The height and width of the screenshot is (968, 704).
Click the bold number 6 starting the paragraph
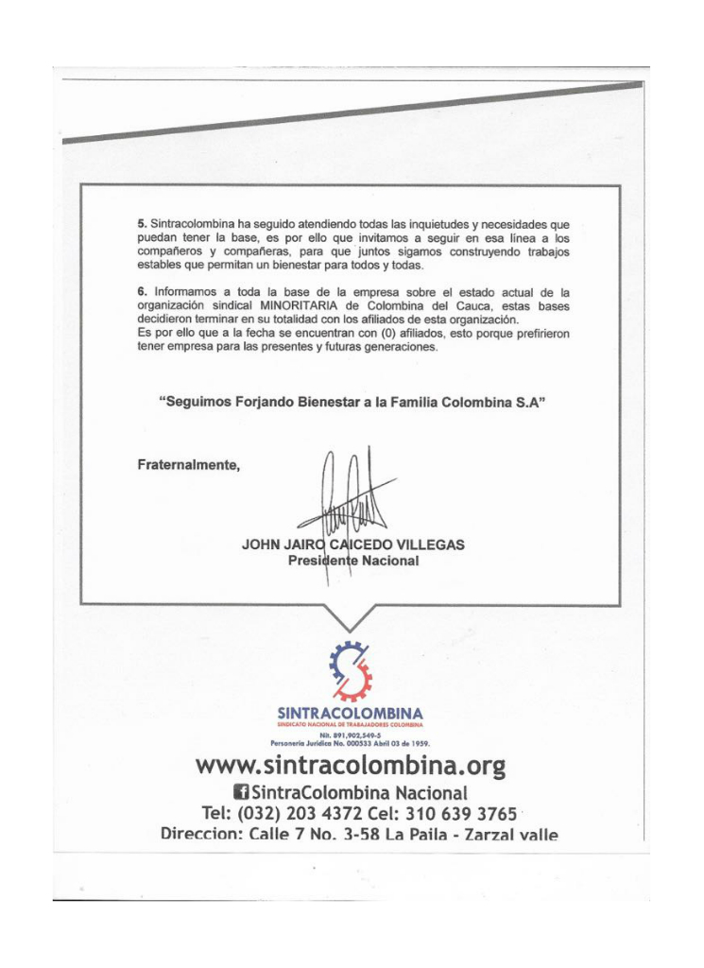[x=142, y=293]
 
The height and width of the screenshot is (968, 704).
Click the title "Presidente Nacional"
[x=353, y=561]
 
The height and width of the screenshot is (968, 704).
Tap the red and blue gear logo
[x=351, y=668]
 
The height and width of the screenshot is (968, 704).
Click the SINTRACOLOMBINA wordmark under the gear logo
[x=351, y=712]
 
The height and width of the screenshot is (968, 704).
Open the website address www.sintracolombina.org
[x=351, y=764]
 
